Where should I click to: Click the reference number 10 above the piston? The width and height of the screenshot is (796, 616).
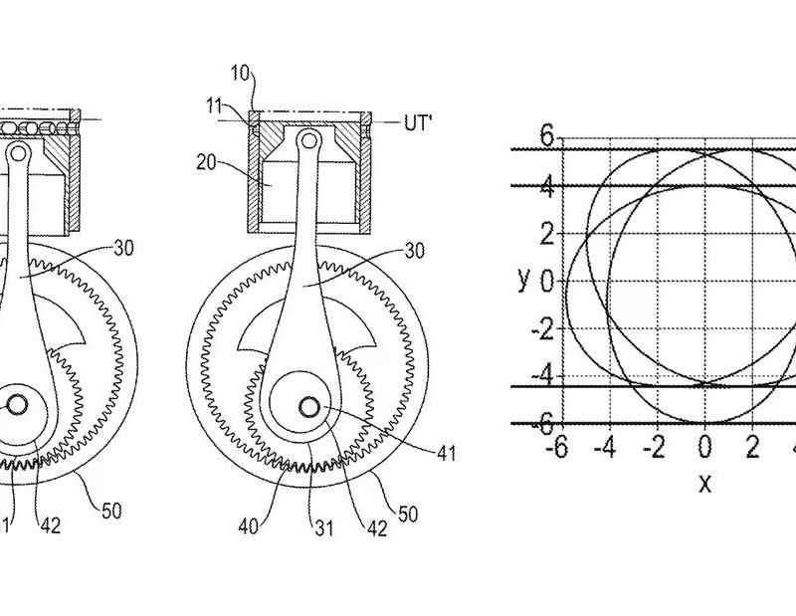click(x=241, y=73)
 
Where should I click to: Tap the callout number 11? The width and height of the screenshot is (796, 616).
click(x=214, y=106)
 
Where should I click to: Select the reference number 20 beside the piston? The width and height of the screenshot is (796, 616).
click(x=206, y=162)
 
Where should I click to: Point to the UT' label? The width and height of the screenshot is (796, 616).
click(x=418, y=122)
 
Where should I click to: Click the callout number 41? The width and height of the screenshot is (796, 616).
click(x=446, y=453)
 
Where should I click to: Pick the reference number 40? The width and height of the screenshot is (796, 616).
click(x=249, y=525)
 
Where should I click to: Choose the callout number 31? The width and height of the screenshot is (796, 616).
click(x=324, y=528)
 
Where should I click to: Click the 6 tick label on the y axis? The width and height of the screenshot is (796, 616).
click(x=546, y=136)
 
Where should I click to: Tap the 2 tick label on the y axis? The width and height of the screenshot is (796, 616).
click(x=546, y=234)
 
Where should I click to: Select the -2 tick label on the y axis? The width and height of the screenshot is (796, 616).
click(x=542, y=330)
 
